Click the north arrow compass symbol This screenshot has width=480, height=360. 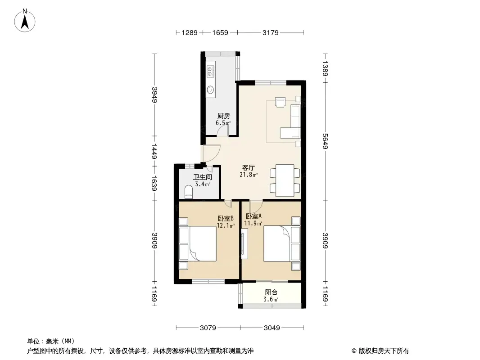point(25,21)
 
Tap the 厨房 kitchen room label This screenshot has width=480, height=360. point(223,116)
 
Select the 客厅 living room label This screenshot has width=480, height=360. point(248,167)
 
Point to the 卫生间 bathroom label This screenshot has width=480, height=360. point(202,177)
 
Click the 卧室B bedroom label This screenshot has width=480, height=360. point(226,218)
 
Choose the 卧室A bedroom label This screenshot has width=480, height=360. point(254,216)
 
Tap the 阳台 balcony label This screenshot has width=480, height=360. point(271,292)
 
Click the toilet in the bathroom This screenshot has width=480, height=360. point(189,192)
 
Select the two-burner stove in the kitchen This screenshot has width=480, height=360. point(210,71)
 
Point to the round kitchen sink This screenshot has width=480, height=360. point(210,90)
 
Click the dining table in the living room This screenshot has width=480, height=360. point(285,180)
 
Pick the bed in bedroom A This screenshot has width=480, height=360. point(281,243)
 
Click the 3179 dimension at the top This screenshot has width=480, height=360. point(270,32)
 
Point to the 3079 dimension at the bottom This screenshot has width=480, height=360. point(208,328)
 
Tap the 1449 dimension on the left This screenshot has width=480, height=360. point(154,151)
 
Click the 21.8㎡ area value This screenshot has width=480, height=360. point(248,175)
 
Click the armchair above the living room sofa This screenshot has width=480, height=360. point(280,102)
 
